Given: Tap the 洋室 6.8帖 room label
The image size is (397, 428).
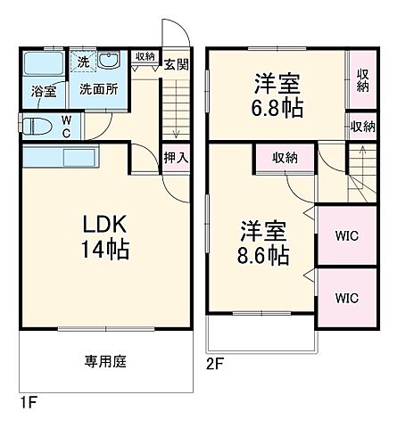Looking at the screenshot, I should tap(277, 95).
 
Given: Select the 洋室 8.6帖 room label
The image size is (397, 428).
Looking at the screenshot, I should tap(263, 243).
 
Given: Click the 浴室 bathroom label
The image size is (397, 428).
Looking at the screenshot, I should tap(44, 90).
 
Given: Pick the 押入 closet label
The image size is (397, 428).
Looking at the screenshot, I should tap(175, 157).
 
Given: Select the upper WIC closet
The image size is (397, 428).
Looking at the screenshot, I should tap(346, 236).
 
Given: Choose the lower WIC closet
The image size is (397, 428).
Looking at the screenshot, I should tap(346, 297).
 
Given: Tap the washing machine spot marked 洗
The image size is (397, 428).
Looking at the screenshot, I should tap(82, 62).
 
